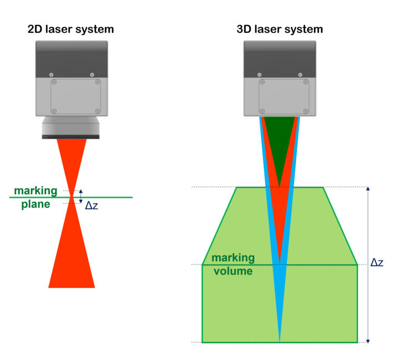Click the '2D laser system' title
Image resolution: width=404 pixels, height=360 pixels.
click(x=71, y=29)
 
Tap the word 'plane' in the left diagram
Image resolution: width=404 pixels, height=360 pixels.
click(x=36, y=204)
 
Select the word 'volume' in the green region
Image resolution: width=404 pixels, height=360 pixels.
click(x=232, y=271)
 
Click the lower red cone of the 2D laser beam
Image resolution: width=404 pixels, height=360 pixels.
click(x=72, y=256)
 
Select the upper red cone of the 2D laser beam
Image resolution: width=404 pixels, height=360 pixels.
click(x=72, y=158)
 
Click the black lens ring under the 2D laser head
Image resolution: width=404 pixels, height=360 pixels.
click(x=71, y=136)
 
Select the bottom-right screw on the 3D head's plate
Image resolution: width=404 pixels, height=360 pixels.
click(x=305, y=110)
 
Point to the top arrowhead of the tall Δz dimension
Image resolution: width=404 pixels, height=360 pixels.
click(x=368, y=189)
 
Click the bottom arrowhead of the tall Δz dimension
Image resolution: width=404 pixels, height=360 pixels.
click(x=368, y=341)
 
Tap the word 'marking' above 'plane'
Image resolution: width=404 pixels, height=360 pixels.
click(x=36, y=191)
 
